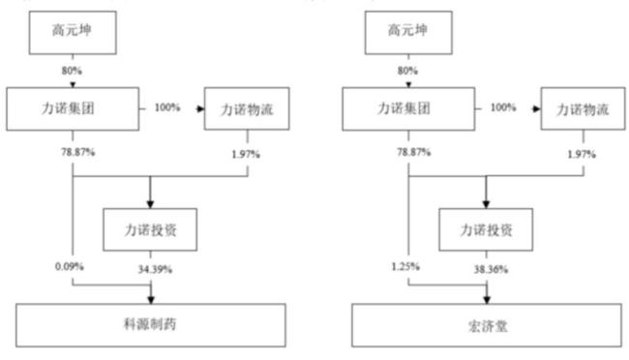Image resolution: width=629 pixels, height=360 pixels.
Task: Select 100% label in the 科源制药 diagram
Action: pos(166,106)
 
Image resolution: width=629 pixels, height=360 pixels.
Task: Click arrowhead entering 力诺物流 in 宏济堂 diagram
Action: pos(536,107)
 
